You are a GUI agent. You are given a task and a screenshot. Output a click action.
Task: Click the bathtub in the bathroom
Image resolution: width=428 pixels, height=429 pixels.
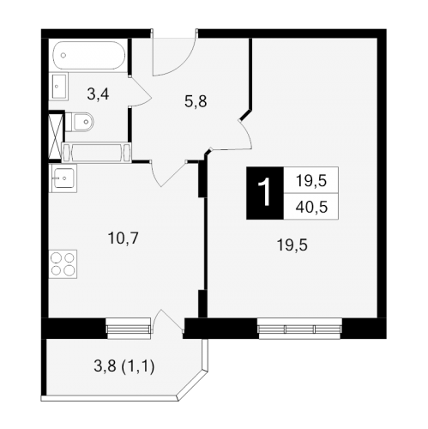tap(89, 55)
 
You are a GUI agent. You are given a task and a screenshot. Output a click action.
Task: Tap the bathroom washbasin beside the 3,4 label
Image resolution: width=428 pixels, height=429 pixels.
tap(59, 86)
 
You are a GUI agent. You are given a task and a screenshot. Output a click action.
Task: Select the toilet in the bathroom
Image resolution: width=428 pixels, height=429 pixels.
tap(80, 122)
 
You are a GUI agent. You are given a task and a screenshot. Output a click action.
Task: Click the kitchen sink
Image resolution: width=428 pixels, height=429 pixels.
tap(63, 178)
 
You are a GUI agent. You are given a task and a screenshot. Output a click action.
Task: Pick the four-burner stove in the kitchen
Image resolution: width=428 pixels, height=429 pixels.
tap(63, 264)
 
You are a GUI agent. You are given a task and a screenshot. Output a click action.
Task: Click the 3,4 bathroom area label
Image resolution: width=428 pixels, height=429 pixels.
tap(98, 94)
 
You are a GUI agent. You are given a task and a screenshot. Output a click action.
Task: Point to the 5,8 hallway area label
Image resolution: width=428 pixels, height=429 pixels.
tap(196, 101)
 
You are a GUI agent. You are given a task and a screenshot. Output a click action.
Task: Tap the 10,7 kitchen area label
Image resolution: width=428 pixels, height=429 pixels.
tap(124, 238)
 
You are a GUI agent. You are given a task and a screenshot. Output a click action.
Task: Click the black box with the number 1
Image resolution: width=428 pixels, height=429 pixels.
tap(265, 193)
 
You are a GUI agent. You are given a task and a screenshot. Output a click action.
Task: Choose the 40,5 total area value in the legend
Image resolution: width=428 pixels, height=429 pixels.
tap(311, 207)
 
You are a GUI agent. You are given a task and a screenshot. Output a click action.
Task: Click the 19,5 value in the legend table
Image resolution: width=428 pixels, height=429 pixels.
tap(311, 181)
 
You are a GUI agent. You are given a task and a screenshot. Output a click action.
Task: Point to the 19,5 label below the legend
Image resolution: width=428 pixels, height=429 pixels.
tap(292, 245)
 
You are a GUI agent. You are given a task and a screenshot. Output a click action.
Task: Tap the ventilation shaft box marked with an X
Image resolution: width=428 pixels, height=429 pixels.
tap(55, 136)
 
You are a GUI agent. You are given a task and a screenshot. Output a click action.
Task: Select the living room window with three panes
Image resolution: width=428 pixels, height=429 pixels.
tap(299, 329)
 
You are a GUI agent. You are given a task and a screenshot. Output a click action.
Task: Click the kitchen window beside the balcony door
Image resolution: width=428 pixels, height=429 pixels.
tap(128, 329)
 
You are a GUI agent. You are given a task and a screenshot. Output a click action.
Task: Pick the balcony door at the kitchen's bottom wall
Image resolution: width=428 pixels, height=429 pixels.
tap(168, 320)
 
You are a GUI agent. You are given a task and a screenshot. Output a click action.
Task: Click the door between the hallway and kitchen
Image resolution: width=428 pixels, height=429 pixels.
tap(168, 173)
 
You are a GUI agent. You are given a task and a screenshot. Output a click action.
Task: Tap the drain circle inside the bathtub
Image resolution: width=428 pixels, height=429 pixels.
tap(63, 55)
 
